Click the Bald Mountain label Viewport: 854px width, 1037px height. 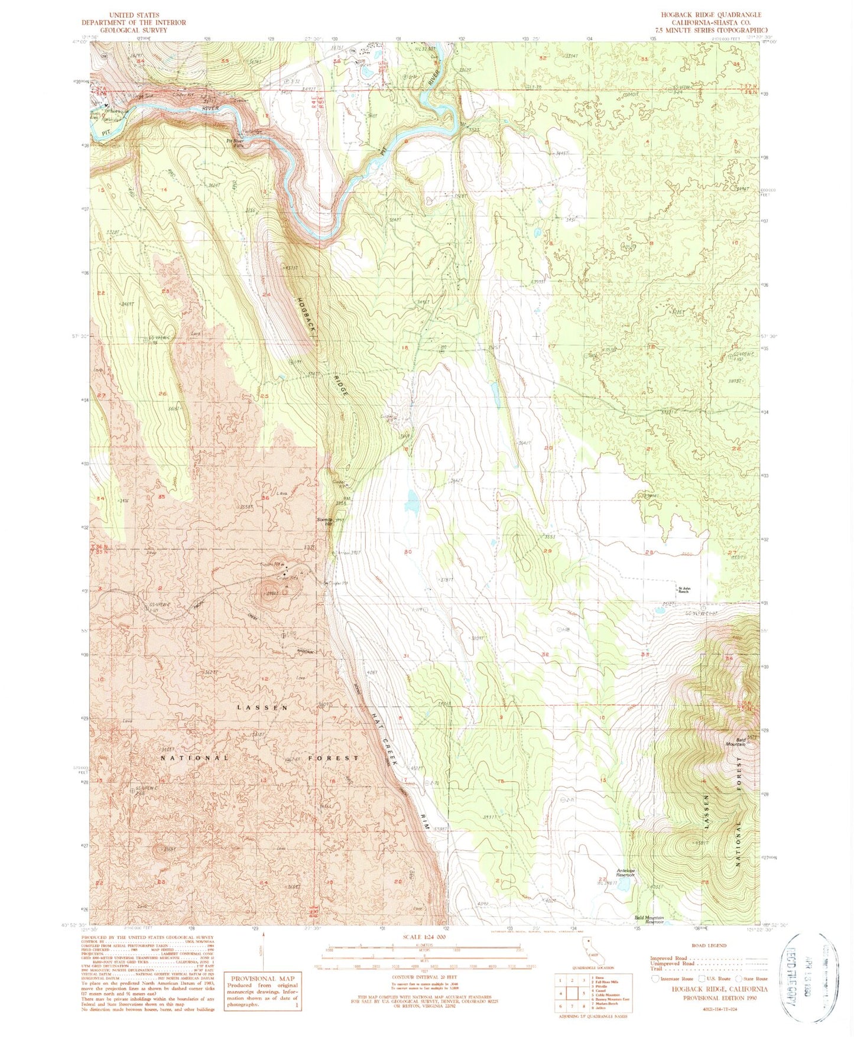click(732, 743)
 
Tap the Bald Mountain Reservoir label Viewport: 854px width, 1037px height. click(649, 920)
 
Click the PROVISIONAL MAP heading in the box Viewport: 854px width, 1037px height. click(263, 979)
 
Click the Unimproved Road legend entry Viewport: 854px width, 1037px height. click(672, 964)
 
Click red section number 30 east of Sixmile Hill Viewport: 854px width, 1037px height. click(407, 552)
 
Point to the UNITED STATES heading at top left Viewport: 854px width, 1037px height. click(135, 15)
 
